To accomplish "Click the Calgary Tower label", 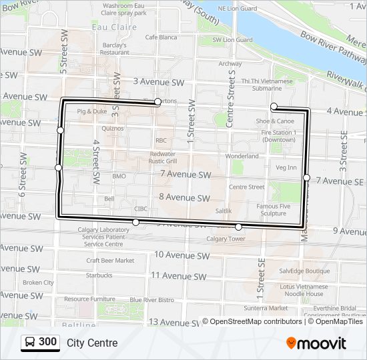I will click(226, 239).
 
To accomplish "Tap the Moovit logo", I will click(316, 343).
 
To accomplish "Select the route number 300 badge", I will click(40, 343).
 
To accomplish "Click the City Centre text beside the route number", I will click(92, 343).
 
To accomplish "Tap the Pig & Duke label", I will click(92, 111).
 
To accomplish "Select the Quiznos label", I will click(113, 128).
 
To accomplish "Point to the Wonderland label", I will click(242, 156).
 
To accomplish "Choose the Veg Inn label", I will click(286, 167).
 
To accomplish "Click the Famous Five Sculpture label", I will click(273, 210).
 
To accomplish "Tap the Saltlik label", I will click(224, 211).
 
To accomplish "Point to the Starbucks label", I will click(99, 275).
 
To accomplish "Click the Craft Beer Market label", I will click(110, 261).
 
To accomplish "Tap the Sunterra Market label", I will click(266, 308).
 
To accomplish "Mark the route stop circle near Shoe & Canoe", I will click(274, 106).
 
